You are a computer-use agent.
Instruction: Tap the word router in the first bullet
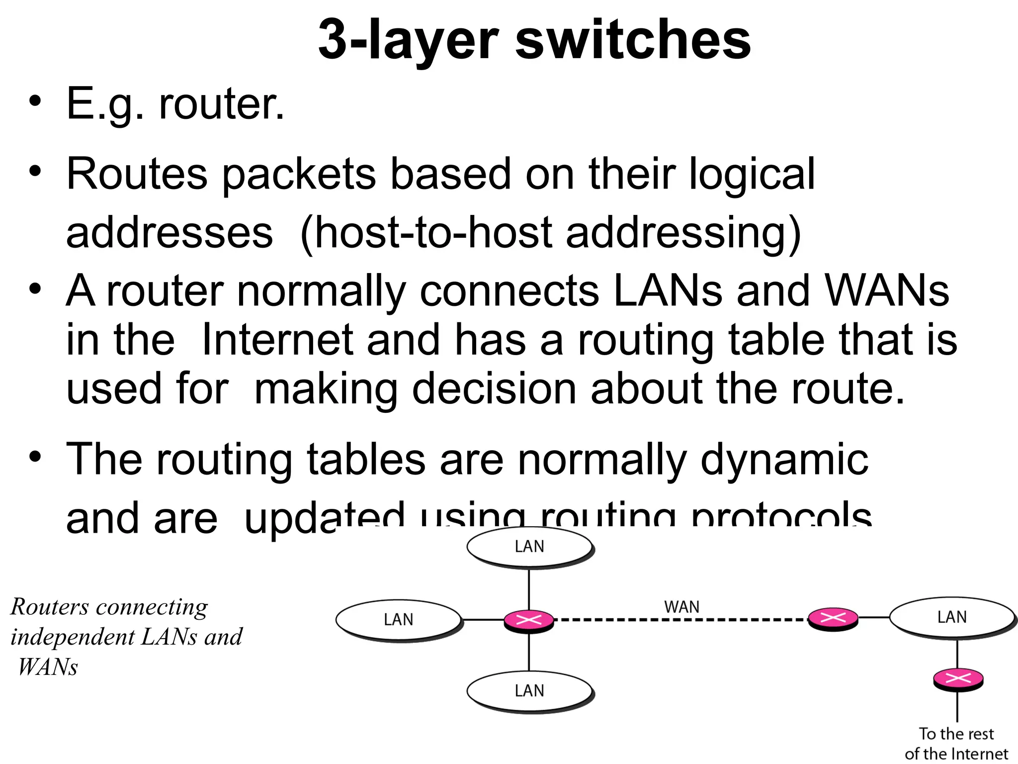click(x=221, y=104)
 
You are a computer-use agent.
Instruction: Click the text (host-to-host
click(x=425, y=233)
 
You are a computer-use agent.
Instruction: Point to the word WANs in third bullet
click(x=887, y=291)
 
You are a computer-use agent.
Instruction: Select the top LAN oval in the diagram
click(x=529, y=547)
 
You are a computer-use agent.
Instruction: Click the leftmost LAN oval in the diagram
click(x=399, y=620)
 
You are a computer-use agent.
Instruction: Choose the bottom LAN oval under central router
click(x=529, y=691)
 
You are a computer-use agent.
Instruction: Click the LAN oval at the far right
click(x=952, y=617)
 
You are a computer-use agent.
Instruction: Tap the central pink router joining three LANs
click(x=529, y=620)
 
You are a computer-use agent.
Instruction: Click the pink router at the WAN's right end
click(x=833, y=618)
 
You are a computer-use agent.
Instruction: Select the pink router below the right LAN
click(x=958, y=678)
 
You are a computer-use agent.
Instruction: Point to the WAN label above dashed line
click(x=681, y=607)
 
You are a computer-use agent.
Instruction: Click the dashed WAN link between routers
click(x=681, y=620)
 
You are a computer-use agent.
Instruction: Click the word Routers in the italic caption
click(x=50, y=607)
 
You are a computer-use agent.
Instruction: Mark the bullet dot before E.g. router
click(x=34, y=101)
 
